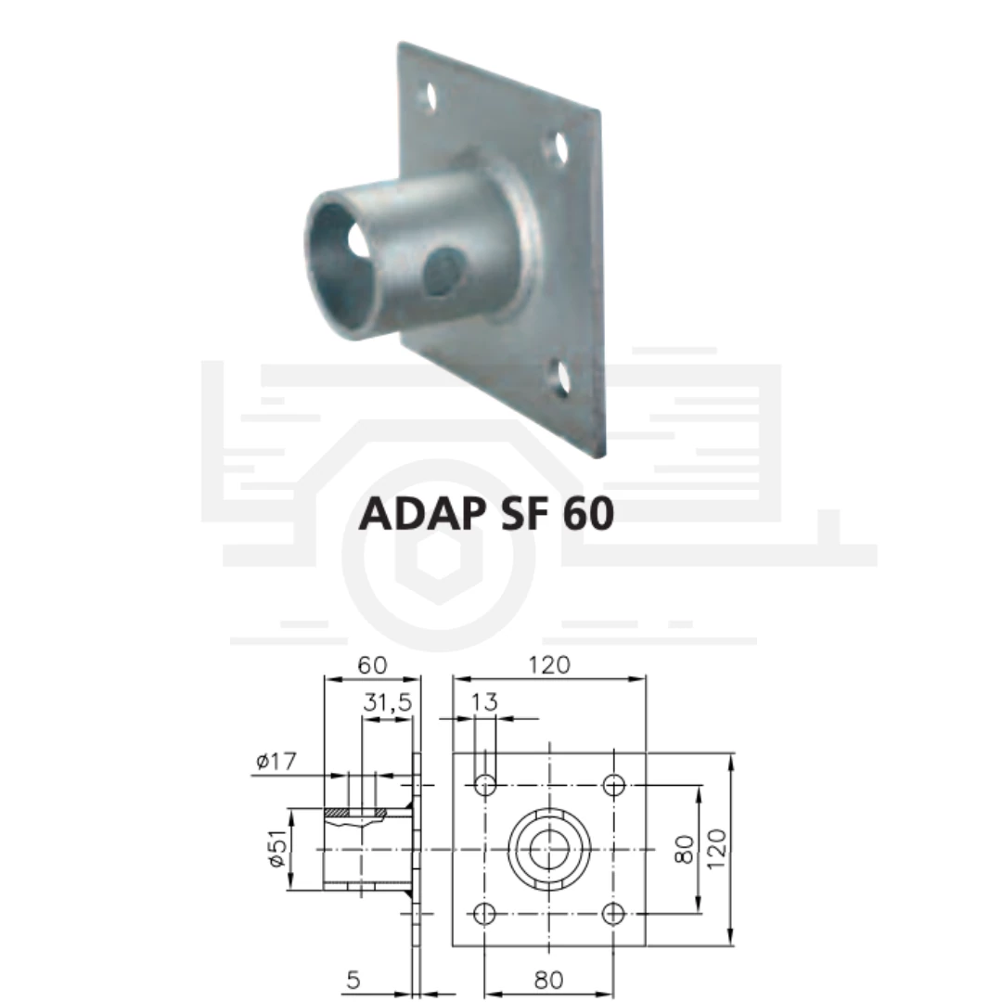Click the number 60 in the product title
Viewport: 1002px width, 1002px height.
588,513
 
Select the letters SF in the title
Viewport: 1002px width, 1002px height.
524,513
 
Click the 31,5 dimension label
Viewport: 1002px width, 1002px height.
388,702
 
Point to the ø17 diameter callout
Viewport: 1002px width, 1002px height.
276,761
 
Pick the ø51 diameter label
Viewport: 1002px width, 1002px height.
277,849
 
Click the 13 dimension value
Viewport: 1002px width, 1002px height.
483,702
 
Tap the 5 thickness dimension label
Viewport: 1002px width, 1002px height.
353,980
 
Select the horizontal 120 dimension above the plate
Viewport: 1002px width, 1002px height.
549,665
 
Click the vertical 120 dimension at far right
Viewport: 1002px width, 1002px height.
717,849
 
